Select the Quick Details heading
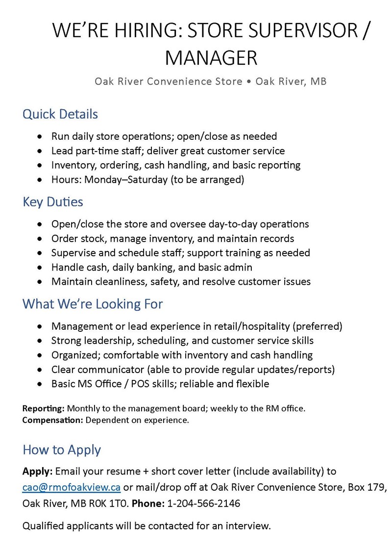click(x=60, y=114)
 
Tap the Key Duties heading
click(x=53, y=202)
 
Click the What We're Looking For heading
click(x=93, y=304)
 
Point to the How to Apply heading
click(x=62, y=450)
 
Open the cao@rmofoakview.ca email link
click(x=72, y=487)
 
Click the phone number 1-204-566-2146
click(x=204, y=503)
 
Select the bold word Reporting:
click(x=44, y=408)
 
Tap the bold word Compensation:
click(x=53, y=420)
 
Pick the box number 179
click(x=379, y=487)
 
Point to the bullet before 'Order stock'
click(x=40, y=239)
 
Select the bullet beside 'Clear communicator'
click(x=40, y=369)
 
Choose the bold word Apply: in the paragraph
click(x=37, y=472)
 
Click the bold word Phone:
click(x=148, y=503)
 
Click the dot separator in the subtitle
click(x=249, y=81)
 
